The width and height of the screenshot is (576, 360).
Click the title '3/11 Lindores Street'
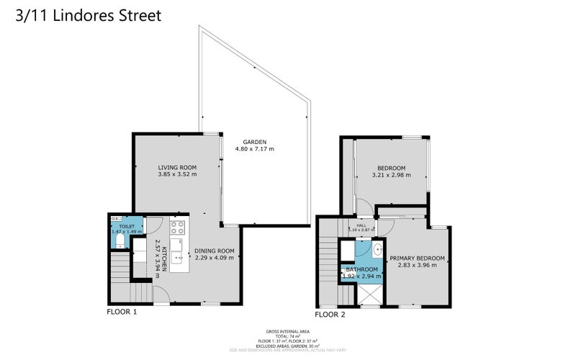pyautogui.click(x=88, y=15)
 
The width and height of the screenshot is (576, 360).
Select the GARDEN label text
pyautogui.click(x=254, y=142)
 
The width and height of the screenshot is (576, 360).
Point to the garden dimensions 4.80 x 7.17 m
pyautogui.click(x=254, y=149)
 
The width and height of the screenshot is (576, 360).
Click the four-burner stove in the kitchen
pyautogui.click(x=178, y=228)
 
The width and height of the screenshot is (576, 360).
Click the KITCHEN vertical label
pyautogui.click(x=164, y=258)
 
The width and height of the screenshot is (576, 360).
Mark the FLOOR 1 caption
pyautogui.click(x=122, y=312)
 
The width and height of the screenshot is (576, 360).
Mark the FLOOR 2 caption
pyautogui.click(x=330, y=314)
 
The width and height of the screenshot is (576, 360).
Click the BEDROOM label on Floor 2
pyautogui.click(x=391, y=168)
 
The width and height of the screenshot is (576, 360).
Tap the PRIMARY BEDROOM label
pyautogui.click(x=417, y=258)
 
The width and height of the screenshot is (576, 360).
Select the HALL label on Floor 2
pyautogui.click(x=361, y=224)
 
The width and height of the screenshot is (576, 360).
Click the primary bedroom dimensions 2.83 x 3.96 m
pyautogui.click(x=417, y=266)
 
